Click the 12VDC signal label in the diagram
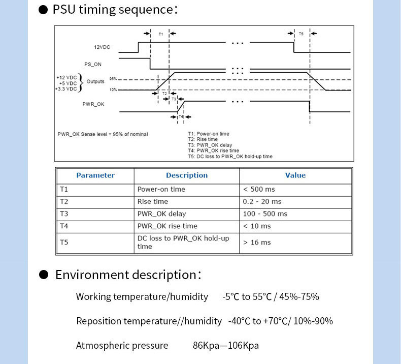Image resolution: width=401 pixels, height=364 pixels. pos(102,47)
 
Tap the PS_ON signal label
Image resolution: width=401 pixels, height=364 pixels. pos(93,64)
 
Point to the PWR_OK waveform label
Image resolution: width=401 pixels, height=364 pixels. pos(93,104)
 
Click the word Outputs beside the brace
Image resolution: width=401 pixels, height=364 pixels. pos(95,81)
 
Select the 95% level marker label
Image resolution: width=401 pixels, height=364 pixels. pos(113,79)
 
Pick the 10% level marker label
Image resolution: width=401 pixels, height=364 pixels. pos(113,89)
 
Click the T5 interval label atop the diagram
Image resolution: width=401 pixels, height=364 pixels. pos(301,34)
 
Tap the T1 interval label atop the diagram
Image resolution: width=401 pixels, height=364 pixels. pos(160,34)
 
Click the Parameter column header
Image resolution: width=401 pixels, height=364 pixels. pos(95,175)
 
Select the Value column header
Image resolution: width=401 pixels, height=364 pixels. pos(295,175)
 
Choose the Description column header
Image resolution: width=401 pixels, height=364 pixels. pos(187,175)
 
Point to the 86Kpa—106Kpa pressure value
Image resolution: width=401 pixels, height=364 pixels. pos(225,346)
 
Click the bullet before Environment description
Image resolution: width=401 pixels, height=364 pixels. pos(44,275)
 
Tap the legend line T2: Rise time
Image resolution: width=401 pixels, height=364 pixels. pos(203,139)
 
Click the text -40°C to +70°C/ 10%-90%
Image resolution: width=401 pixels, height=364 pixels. pos(280,321)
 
